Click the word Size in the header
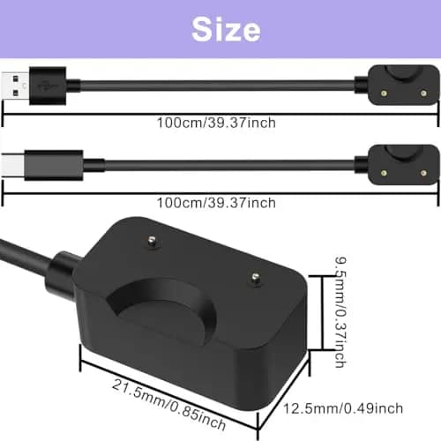pyautogui.click(x=220, y=29)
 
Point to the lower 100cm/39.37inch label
pyautogui.click(x=216, y=203)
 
